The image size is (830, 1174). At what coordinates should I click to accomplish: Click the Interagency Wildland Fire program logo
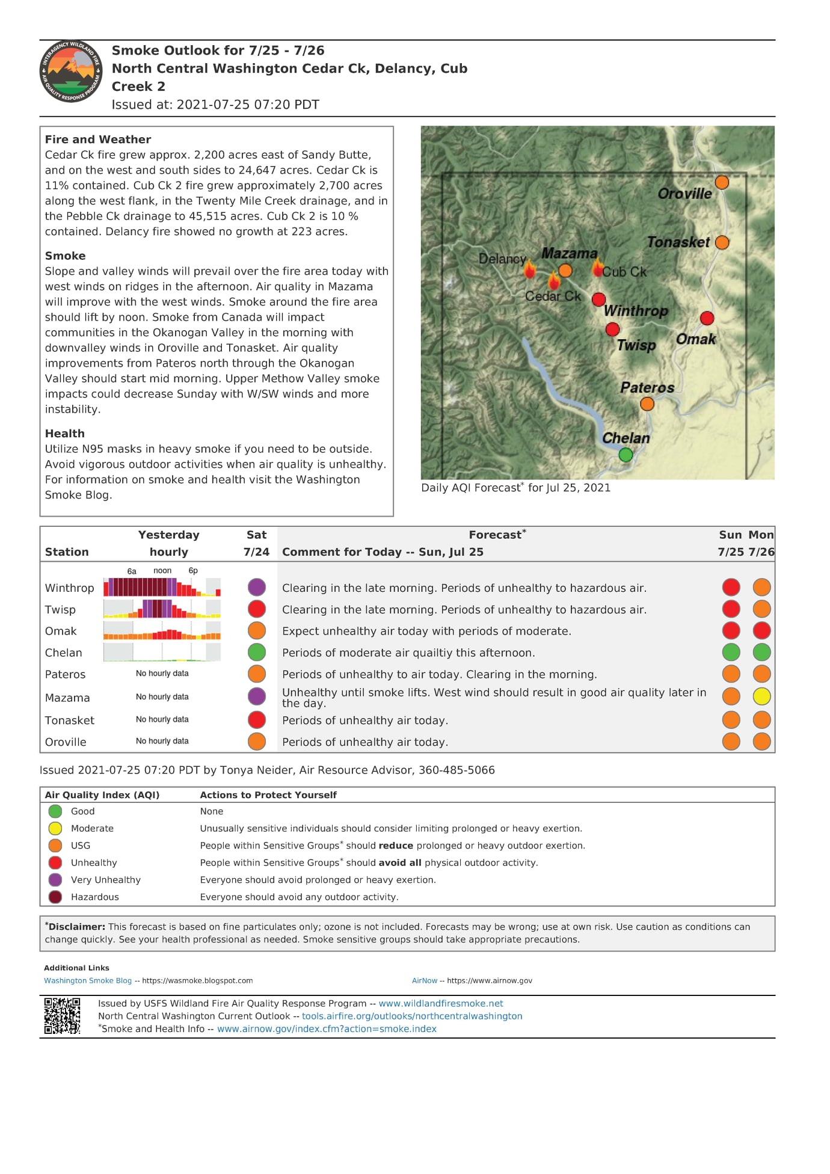tap(70, 72)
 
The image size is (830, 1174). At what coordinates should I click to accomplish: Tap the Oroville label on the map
tap(684, 194)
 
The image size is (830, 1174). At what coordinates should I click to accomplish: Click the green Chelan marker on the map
tap(626, 455)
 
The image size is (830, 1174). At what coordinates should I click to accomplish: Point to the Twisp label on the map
tap(636, 345)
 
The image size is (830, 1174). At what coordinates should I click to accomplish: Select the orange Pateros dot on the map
tap(647, 404)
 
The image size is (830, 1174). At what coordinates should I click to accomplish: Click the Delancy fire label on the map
tap(502, 259)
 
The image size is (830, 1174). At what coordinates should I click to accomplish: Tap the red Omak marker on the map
tap(707, 318)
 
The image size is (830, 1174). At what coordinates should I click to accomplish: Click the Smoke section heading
tap(65, 256)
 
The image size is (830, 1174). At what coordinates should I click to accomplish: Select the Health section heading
tap(64, 434)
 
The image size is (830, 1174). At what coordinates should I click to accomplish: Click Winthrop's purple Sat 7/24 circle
tap(257, 587)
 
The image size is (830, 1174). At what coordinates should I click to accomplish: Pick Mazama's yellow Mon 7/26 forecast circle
tap(761, 696)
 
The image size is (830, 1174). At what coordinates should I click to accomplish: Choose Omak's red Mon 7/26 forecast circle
tap(761, 631)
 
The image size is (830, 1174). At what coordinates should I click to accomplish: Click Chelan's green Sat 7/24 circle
tap(257, 652)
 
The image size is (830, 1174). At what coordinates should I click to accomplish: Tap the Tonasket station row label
tap(69, 721)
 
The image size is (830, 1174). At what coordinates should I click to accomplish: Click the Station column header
tap(66, 552)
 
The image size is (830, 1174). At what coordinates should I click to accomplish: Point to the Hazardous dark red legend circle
tap(55, 897)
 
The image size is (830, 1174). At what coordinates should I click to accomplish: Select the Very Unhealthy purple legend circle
tap(55, 880)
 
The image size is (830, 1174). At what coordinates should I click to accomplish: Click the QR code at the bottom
tap(62, 1016)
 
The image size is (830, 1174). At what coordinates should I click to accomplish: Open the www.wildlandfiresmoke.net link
tap(440, 1003)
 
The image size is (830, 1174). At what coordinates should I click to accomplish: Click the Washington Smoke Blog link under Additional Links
tap(87, 980)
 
